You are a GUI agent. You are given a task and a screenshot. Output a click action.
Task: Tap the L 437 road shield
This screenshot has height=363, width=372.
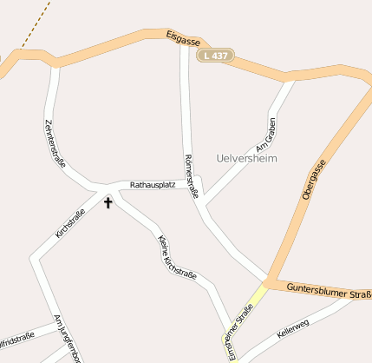[216, 56]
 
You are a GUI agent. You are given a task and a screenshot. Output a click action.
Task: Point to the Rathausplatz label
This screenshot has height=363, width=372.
[153, 185]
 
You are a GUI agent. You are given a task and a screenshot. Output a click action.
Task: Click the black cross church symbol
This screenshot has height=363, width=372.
[108, 202]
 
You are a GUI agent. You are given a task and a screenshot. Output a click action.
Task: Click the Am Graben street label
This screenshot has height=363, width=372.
[265, 136]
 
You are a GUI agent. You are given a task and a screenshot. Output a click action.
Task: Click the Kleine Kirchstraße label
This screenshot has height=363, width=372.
[176, 258]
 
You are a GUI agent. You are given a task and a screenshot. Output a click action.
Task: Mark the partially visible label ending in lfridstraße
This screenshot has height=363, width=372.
[17, 336]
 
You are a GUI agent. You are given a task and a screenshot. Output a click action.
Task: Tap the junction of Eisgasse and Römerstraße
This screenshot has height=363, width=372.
[184, 45]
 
